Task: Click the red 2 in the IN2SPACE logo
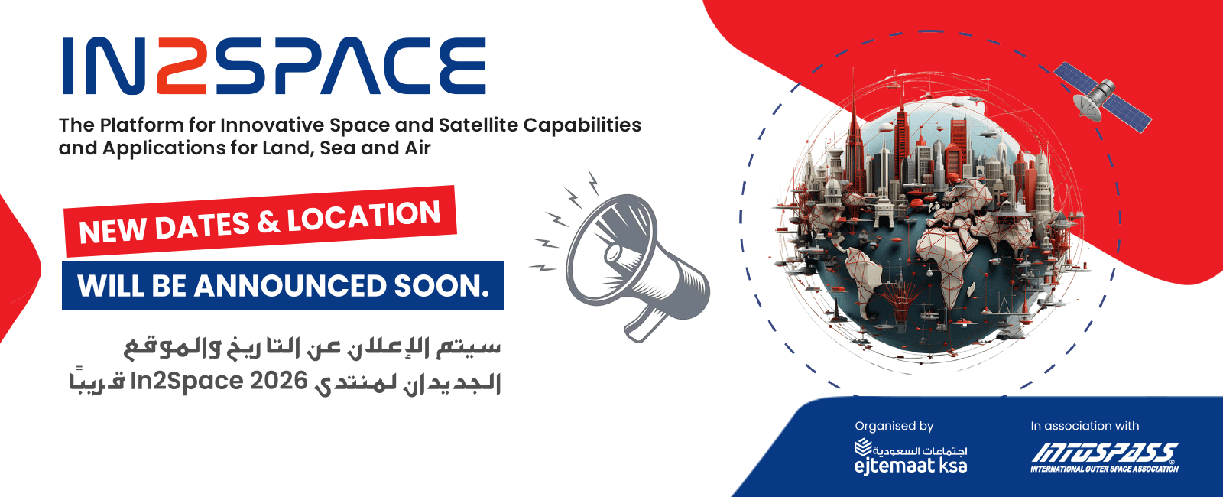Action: (x=181, y=66)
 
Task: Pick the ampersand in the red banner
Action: (x=268, y=223)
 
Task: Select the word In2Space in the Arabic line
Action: (x=187, y=382)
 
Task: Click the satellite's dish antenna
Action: (x=1086, y=107)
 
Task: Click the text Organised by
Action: (x=894, y=426)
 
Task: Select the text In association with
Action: (x=1085, y=426)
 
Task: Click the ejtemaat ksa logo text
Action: (x=910, y=466)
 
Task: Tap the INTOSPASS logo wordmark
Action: (x=1105, y=453)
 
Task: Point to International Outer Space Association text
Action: (x=1105, y=469)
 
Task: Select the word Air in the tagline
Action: (x=417, y=148)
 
